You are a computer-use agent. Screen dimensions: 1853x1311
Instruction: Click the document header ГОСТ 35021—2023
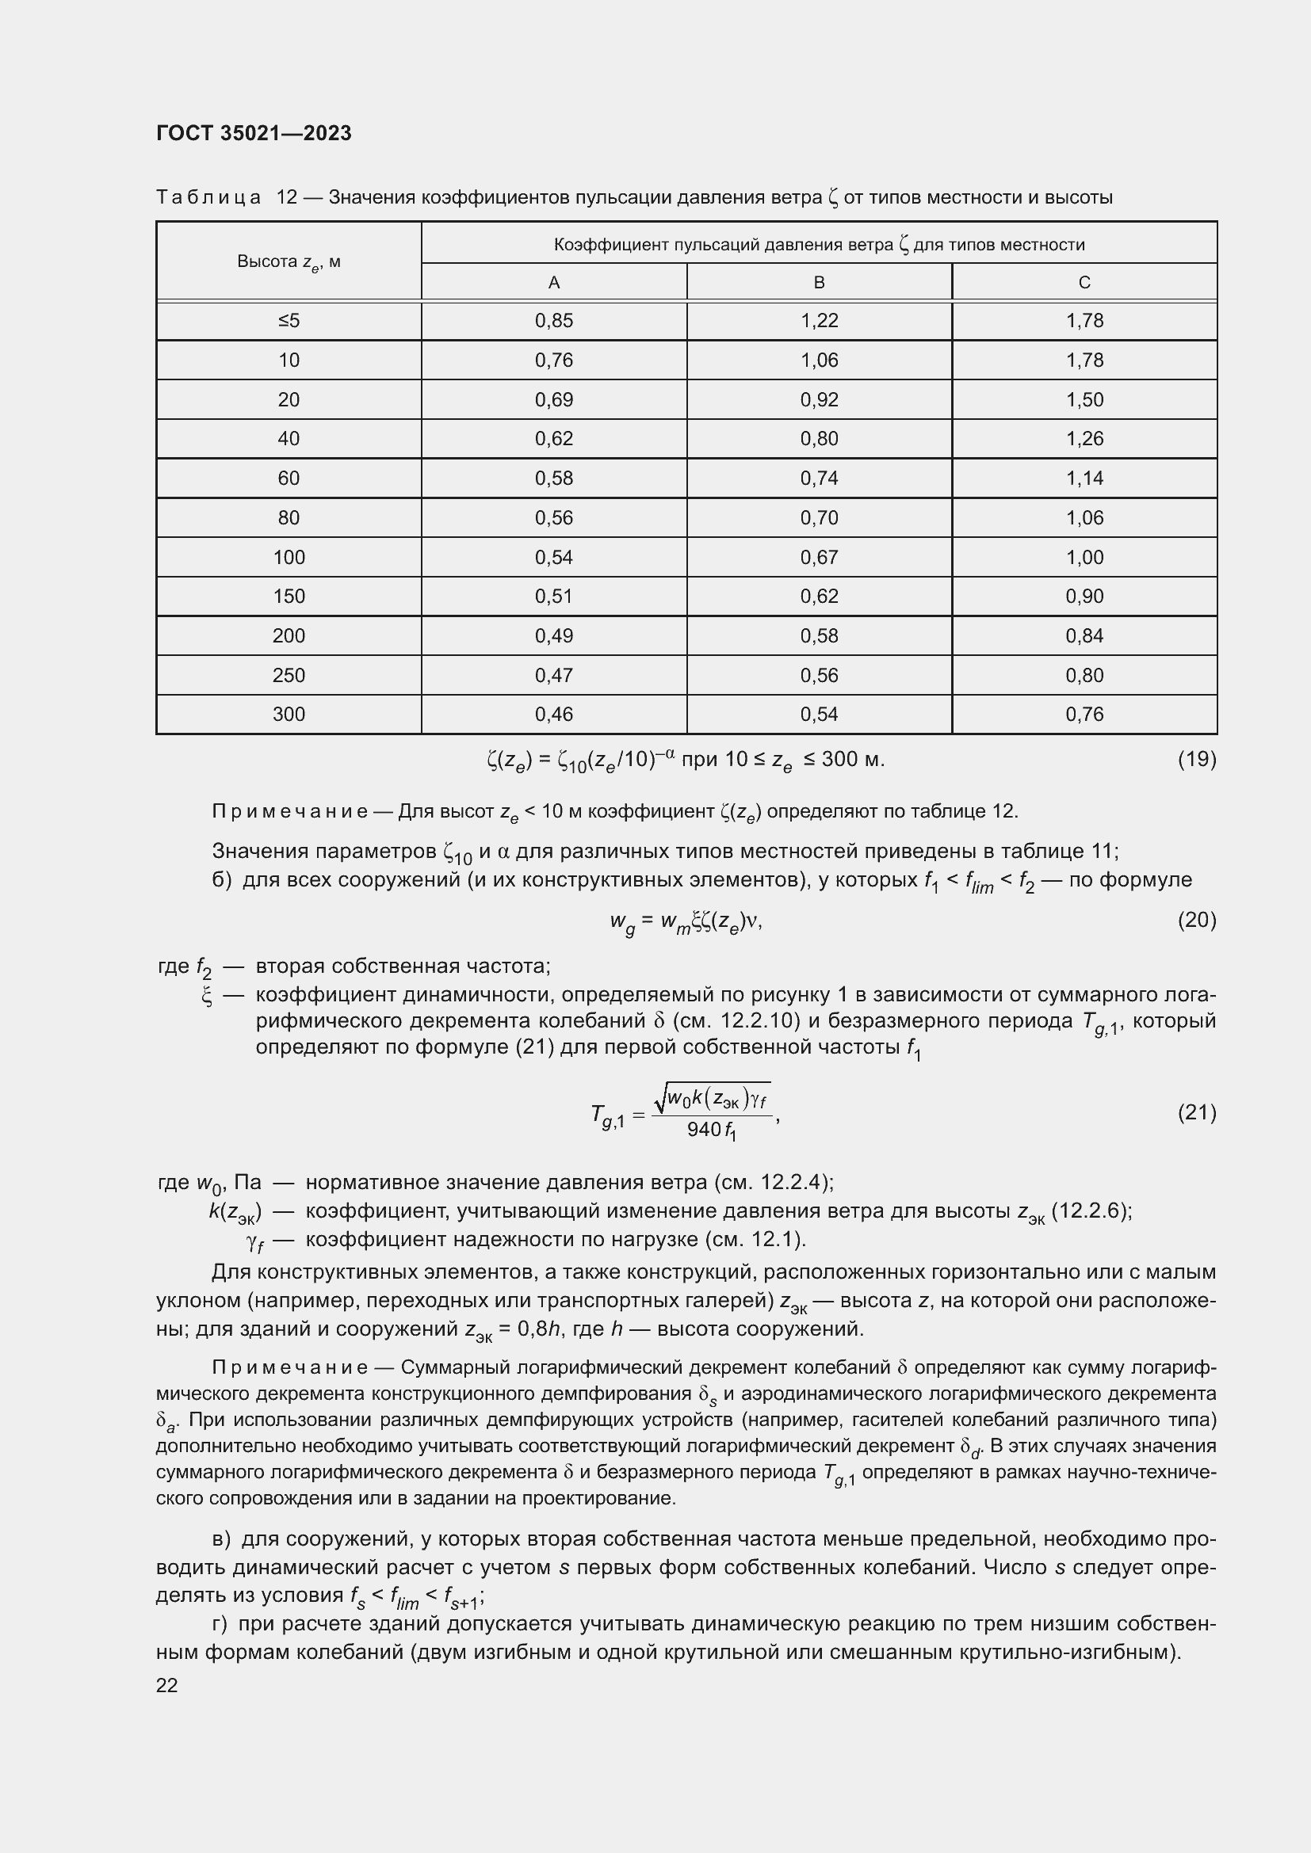(254, 133)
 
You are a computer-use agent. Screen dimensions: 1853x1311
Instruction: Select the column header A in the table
(553, 283)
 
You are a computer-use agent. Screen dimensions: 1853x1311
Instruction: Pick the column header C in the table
(1084, 283)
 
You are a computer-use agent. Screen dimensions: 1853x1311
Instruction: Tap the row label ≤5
(289, 321)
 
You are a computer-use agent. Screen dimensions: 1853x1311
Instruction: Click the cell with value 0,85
(554, 321)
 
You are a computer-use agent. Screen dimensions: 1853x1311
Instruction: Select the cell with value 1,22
(820, 321)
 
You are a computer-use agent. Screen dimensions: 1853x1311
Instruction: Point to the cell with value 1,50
(1084, 399)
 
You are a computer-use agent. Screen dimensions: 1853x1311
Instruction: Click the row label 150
(289, 597)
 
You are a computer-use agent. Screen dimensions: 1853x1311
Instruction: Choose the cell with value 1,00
(1084, 557)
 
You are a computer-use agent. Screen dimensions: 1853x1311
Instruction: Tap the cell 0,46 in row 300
(554, 715)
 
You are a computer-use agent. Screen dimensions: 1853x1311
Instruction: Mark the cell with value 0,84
(1084, 636)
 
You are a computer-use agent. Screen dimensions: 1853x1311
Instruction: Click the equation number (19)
(1196, 759)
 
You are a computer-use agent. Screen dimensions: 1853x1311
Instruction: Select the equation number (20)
(1196, 919)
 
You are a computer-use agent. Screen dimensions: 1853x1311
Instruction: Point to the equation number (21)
(1196, 1112)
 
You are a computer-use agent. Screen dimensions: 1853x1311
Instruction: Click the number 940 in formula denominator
(703, 1130)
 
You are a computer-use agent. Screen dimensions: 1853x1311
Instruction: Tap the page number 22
(167, 1685)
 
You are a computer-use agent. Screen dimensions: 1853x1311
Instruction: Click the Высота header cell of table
(289, 261)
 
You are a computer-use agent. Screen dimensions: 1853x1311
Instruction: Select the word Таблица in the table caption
(208, 198)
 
